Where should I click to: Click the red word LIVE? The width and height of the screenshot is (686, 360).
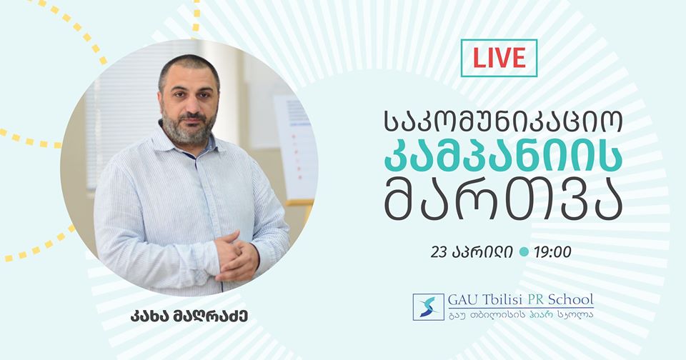pyautogui.click(x=499, y=58)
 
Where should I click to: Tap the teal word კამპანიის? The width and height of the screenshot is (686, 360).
pyautogui.click(x=503, y=157)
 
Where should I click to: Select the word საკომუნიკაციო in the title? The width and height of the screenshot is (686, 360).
pyautogui.click(x=503, y=121)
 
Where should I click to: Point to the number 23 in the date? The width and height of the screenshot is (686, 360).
pyautogui.click(x=438, y=252)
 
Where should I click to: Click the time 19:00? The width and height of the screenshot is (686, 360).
pyautogui.click(x=552, y=252)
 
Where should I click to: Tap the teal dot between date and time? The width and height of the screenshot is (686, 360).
pyautogui.click(x=523, y=252)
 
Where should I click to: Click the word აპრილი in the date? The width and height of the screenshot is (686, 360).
pyautogui.click(x=481, y=253)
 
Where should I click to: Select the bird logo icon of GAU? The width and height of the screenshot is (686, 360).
pyautogui.click(x=428, y=306)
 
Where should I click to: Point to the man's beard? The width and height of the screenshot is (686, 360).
pyautogui.click(x=189, y=128)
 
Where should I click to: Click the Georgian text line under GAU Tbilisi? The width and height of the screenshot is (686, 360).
pyautogui.click(x=521, y=314)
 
